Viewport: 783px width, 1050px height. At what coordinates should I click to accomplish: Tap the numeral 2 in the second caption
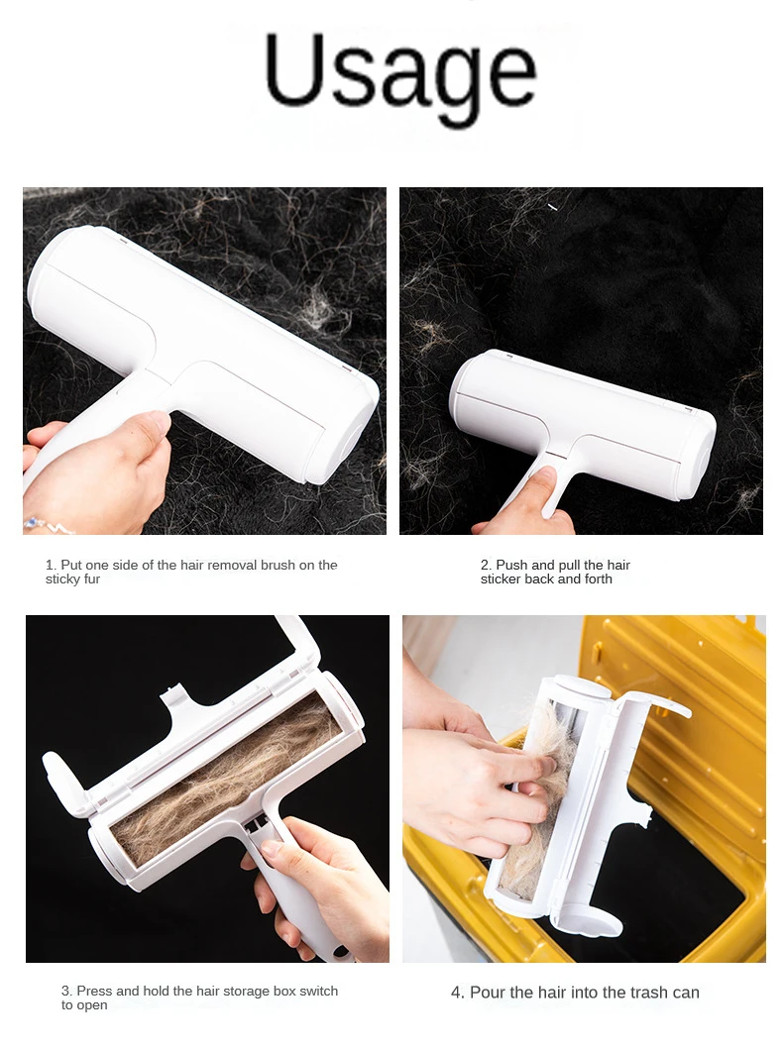[486, 566]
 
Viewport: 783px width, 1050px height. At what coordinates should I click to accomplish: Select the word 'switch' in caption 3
[318, 992]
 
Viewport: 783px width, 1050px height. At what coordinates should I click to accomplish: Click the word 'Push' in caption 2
[511, 566]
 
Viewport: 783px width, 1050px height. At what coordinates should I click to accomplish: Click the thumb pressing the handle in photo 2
[540, 483]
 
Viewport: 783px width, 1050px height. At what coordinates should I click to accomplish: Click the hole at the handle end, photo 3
[340, 951]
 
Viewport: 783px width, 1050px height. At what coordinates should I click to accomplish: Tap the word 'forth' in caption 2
[598, 579]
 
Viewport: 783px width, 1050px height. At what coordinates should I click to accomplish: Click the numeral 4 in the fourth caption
[458, 993]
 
